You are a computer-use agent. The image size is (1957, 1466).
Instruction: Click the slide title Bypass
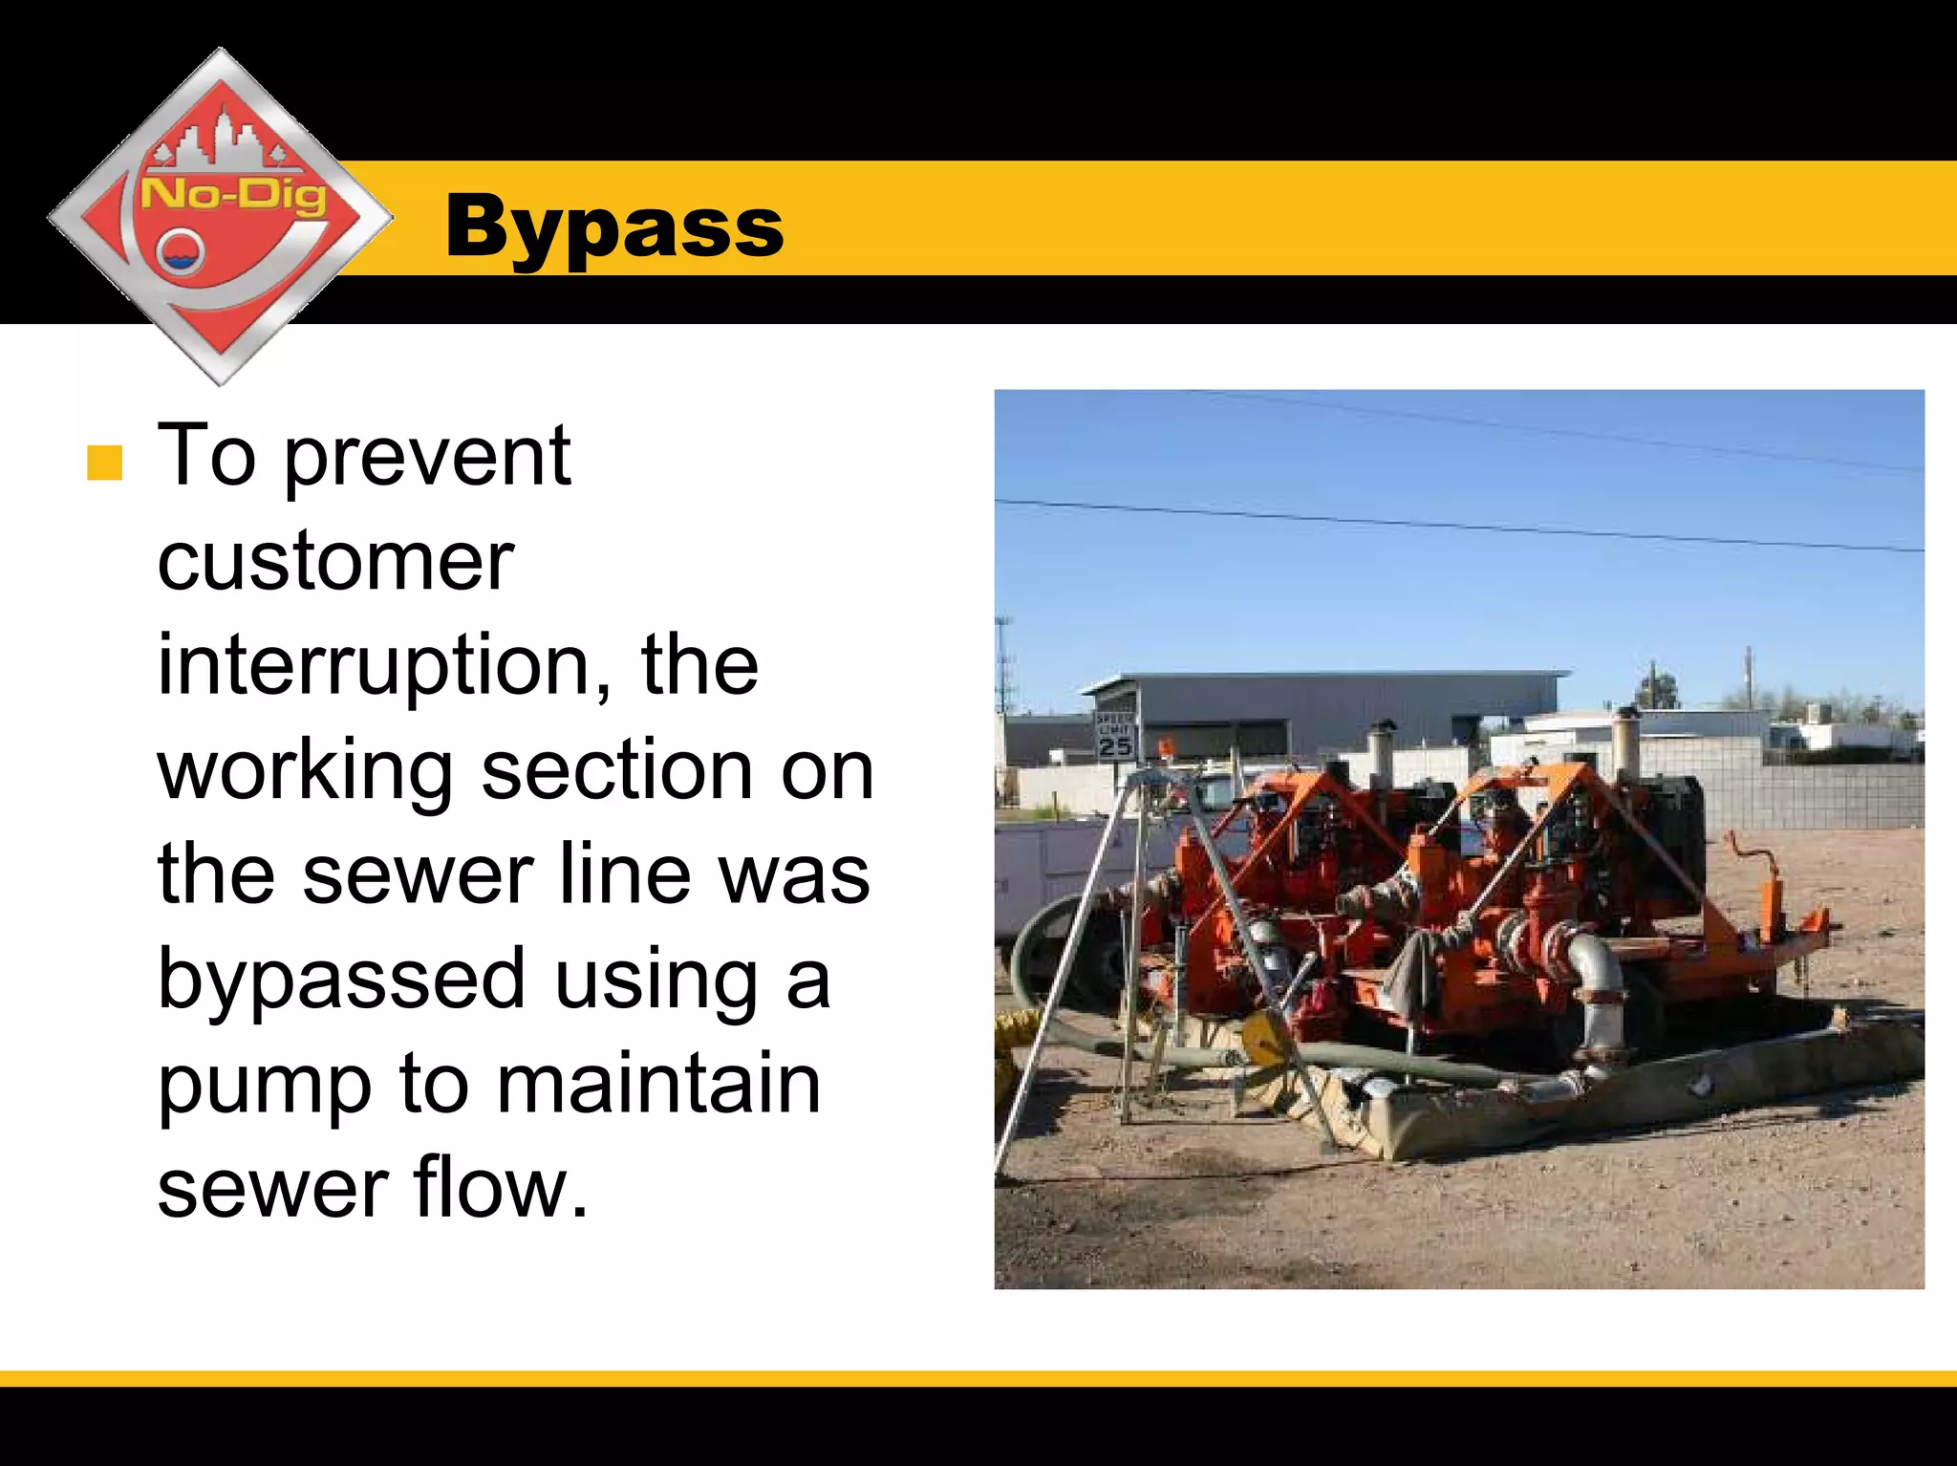pyautogui.click(x=613, y=227)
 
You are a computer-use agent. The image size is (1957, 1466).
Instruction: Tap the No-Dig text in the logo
pyautogui.click(x=233, y=195)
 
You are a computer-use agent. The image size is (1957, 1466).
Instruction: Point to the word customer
pyautogui.click(x=335, y=562)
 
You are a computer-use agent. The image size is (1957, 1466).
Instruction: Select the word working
pyautogui.click(x=306, y=772)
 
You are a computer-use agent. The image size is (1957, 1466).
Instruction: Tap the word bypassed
pyautogui.click(x=341, y=980)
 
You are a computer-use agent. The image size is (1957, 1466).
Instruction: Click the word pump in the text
pyautogui.click(x=264, y=1087)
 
